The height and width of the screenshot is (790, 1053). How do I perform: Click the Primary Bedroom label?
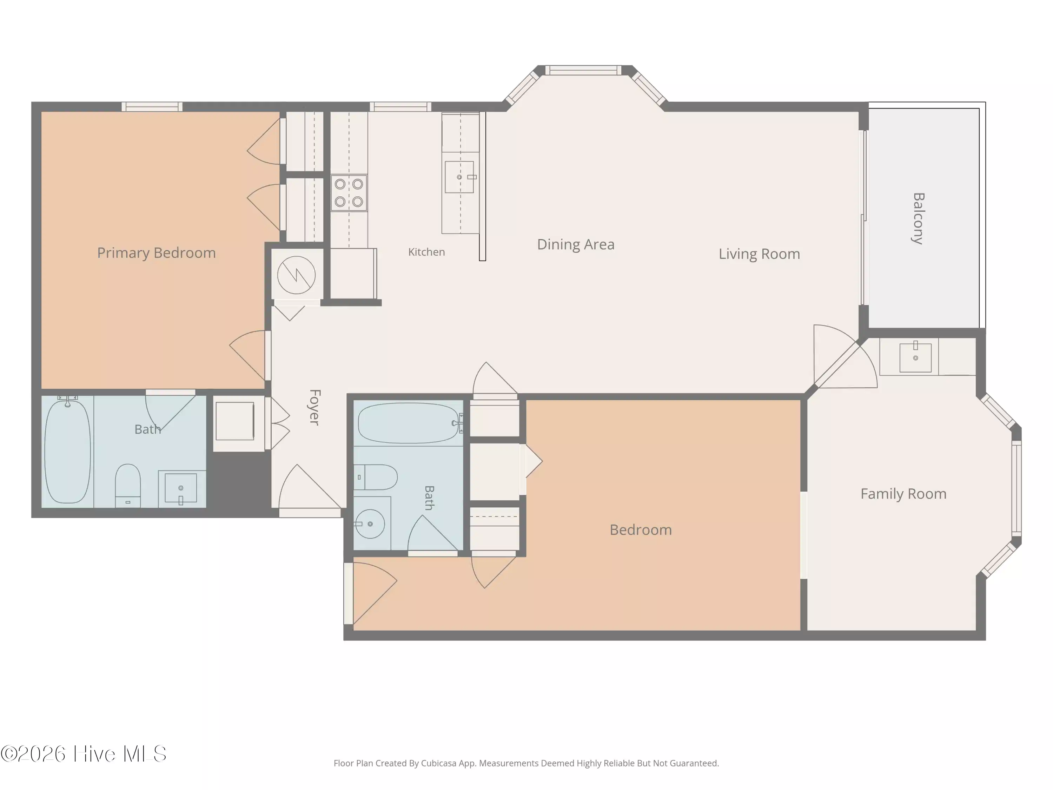[156, 253]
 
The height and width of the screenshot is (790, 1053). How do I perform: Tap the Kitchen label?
[426, 252]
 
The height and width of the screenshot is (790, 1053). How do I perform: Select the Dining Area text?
[576, 244]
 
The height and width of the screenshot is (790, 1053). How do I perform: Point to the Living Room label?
[759, 254]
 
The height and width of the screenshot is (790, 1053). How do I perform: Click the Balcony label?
[918, 219]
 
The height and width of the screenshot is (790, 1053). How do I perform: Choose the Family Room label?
[903, 494]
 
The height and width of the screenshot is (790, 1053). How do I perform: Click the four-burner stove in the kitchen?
[349, 193]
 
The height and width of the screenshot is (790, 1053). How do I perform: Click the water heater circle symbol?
[296, 275]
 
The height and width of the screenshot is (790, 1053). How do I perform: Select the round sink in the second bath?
[370, 524]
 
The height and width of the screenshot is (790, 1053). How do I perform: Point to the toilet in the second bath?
[376, 477]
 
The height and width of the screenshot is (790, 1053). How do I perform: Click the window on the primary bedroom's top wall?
[152, 107]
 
